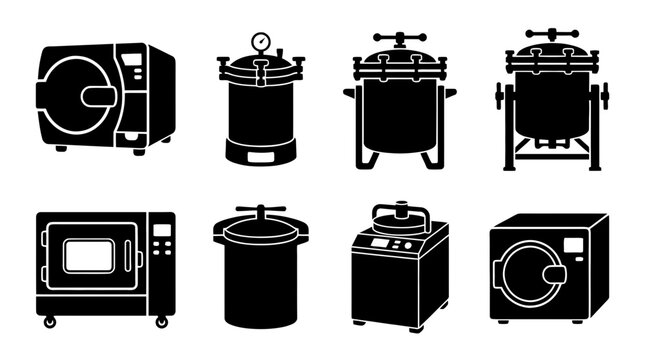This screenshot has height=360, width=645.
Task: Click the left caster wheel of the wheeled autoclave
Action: (49, 320)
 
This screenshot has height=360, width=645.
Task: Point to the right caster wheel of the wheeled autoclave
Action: (161, 320)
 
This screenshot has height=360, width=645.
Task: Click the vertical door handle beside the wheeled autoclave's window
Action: (139, 258)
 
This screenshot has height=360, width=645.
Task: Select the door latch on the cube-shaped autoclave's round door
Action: (554, 273)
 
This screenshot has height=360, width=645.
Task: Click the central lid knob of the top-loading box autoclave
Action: (399, 210)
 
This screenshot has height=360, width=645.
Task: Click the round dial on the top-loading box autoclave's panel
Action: (409, 245)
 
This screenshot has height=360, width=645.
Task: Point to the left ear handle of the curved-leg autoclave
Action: (349, 93)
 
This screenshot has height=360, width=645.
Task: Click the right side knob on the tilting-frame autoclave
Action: (604, 97)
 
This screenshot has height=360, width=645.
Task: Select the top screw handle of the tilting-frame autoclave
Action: (552, 34)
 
